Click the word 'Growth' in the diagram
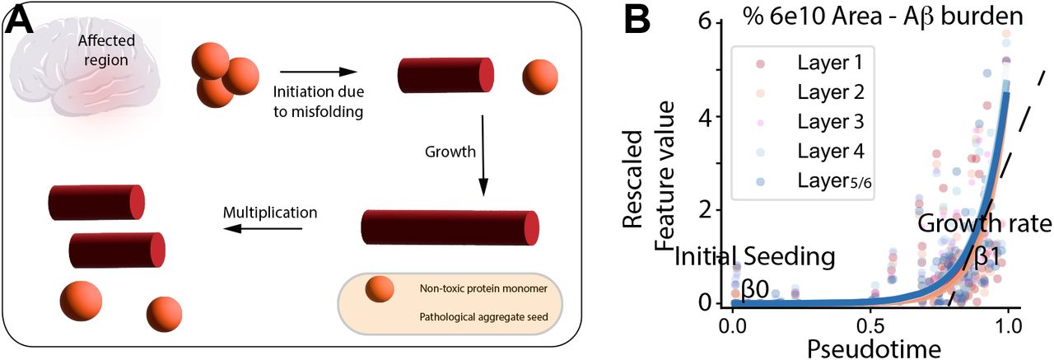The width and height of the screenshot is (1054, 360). (x=450, y=152)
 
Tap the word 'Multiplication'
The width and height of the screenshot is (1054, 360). (x=270, y=212)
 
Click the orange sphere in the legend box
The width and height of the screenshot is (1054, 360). (x=380, y=290)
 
